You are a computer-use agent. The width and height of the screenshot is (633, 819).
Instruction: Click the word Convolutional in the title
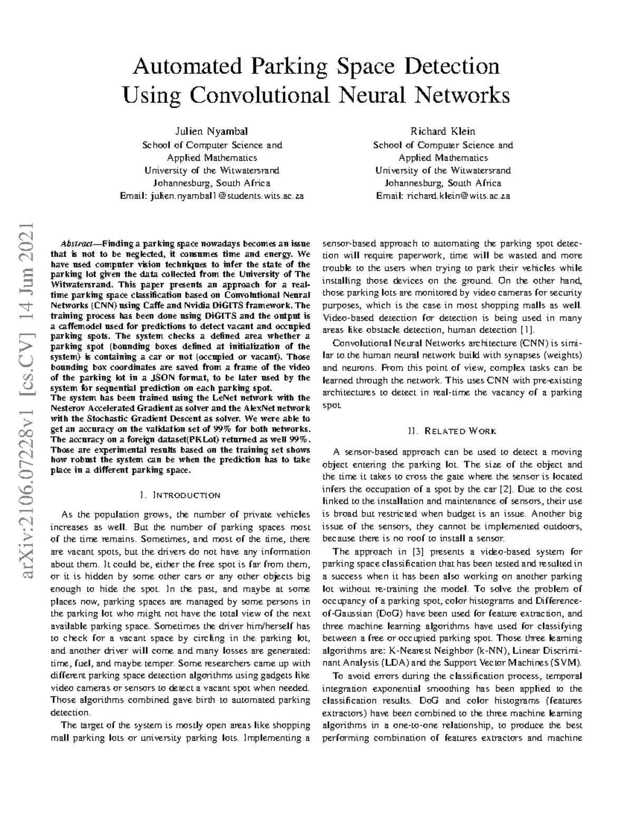pyautogui.click(x=258, y=95)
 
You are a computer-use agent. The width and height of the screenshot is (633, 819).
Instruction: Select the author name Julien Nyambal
pyautogui.click(x=212, y=131)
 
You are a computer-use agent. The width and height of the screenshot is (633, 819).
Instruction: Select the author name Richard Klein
pyautogui.click(x=443, y=131)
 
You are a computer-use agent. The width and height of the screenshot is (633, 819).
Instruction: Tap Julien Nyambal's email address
pyautogui.click(x=227, y=196)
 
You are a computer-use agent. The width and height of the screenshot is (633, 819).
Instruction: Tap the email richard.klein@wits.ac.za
pyautogui.click(x=458, y=196)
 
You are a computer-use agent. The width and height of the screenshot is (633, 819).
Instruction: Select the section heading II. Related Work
pyautogui.click(x=452, y=431)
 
